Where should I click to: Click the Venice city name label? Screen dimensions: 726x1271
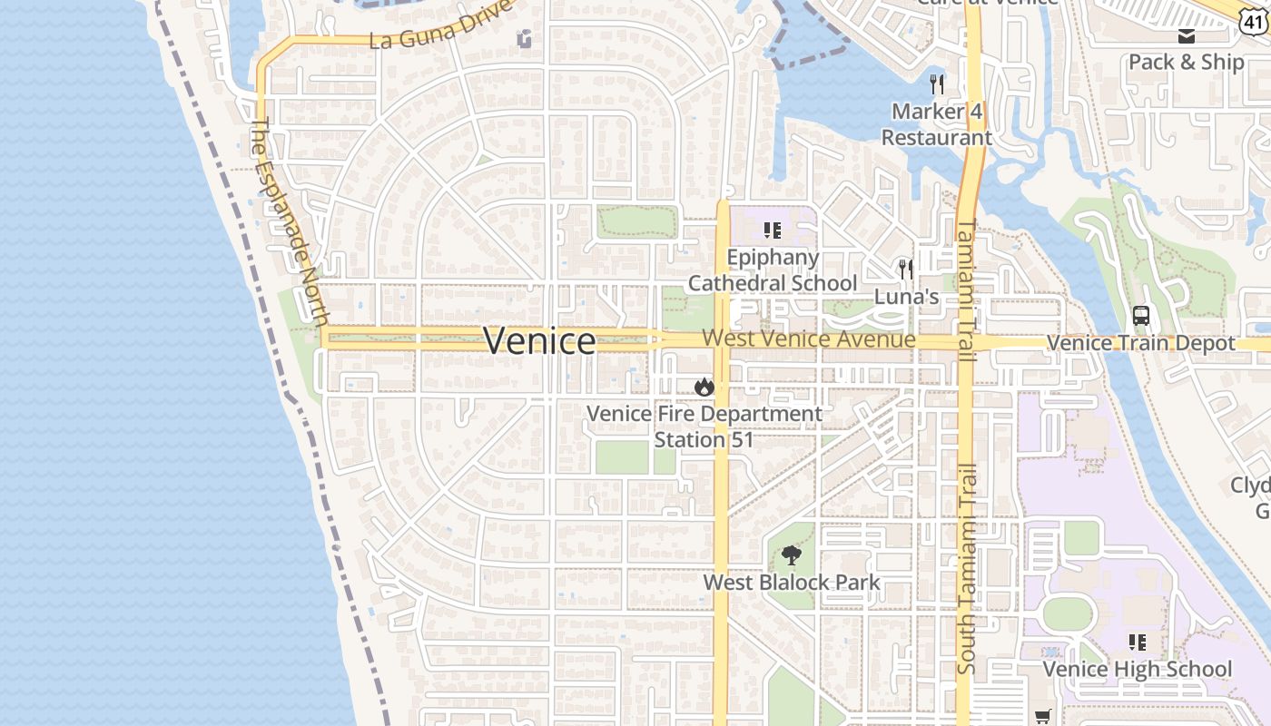click(539, 341)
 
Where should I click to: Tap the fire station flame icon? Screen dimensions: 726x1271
click(704, 388)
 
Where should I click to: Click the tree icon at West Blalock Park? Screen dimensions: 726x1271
click(792, 555)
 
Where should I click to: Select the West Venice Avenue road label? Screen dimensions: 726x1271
click(808, 338)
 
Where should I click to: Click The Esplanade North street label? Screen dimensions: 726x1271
click(289, 221)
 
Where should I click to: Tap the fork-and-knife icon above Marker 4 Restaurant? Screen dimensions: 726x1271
click(937, 84)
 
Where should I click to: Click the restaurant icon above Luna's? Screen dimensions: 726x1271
click(905, 269)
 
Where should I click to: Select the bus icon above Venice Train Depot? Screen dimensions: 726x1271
click(1141, 316)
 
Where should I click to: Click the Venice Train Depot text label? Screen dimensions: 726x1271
click(1140, 343)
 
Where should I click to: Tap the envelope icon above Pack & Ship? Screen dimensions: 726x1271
click(1186, 36)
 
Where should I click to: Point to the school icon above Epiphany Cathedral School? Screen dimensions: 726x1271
click(772, 231)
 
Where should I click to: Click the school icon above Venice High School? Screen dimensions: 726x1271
click(1137, 643)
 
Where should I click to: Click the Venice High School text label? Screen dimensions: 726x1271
click(1137, 670)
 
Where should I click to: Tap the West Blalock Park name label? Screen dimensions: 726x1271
click(792, 582)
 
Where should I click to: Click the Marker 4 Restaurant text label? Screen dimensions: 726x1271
click(937, 124)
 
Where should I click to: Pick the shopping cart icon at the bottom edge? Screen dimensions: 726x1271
click(1043, 717)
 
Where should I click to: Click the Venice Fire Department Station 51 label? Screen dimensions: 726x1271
click(704, 427)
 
